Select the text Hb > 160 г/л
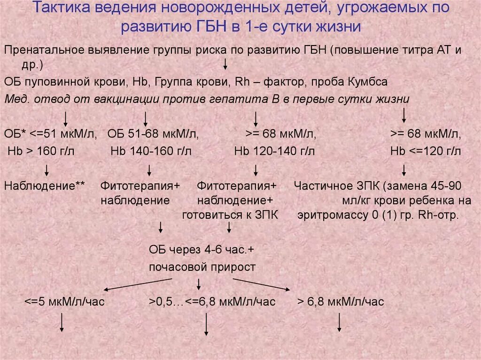click(41, 151)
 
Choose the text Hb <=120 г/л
click(426, 151)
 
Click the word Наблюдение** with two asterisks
click(45, 185)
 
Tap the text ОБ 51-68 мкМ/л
click(153, 135)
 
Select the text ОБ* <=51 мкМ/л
click(51, 135)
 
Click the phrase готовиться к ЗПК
click(231, 215)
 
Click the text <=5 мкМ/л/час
click(65, 301)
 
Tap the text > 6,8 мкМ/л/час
click(341, 301)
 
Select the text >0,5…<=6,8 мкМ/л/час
click(212, 301)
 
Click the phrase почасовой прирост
click(202, 267)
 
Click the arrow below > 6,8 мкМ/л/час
click(340, 322)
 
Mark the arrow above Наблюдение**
click(47, 170)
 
